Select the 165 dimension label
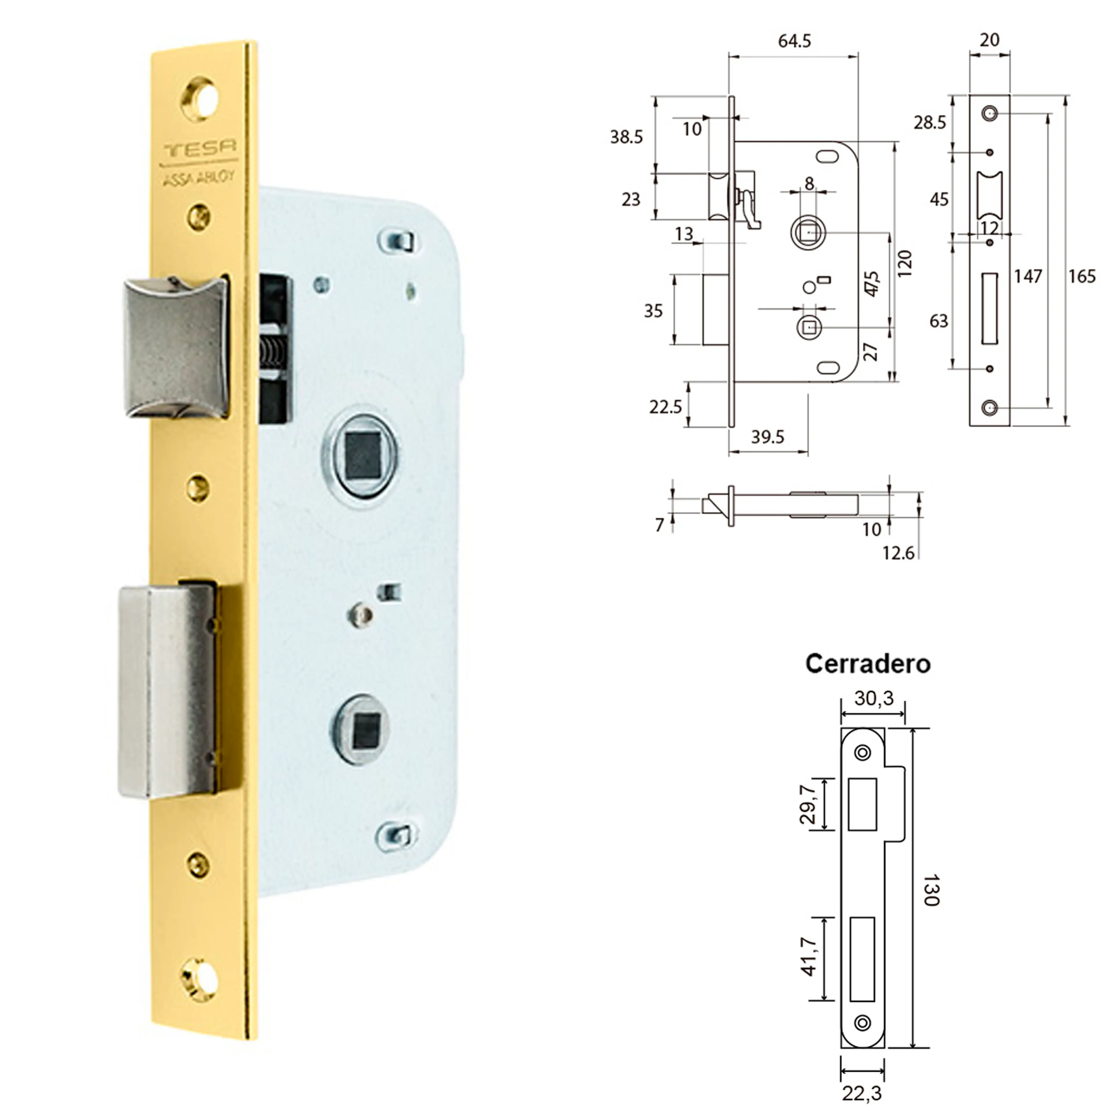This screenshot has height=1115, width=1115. coord(1081,276)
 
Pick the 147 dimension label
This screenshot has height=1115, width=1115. coord(1028,276)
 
